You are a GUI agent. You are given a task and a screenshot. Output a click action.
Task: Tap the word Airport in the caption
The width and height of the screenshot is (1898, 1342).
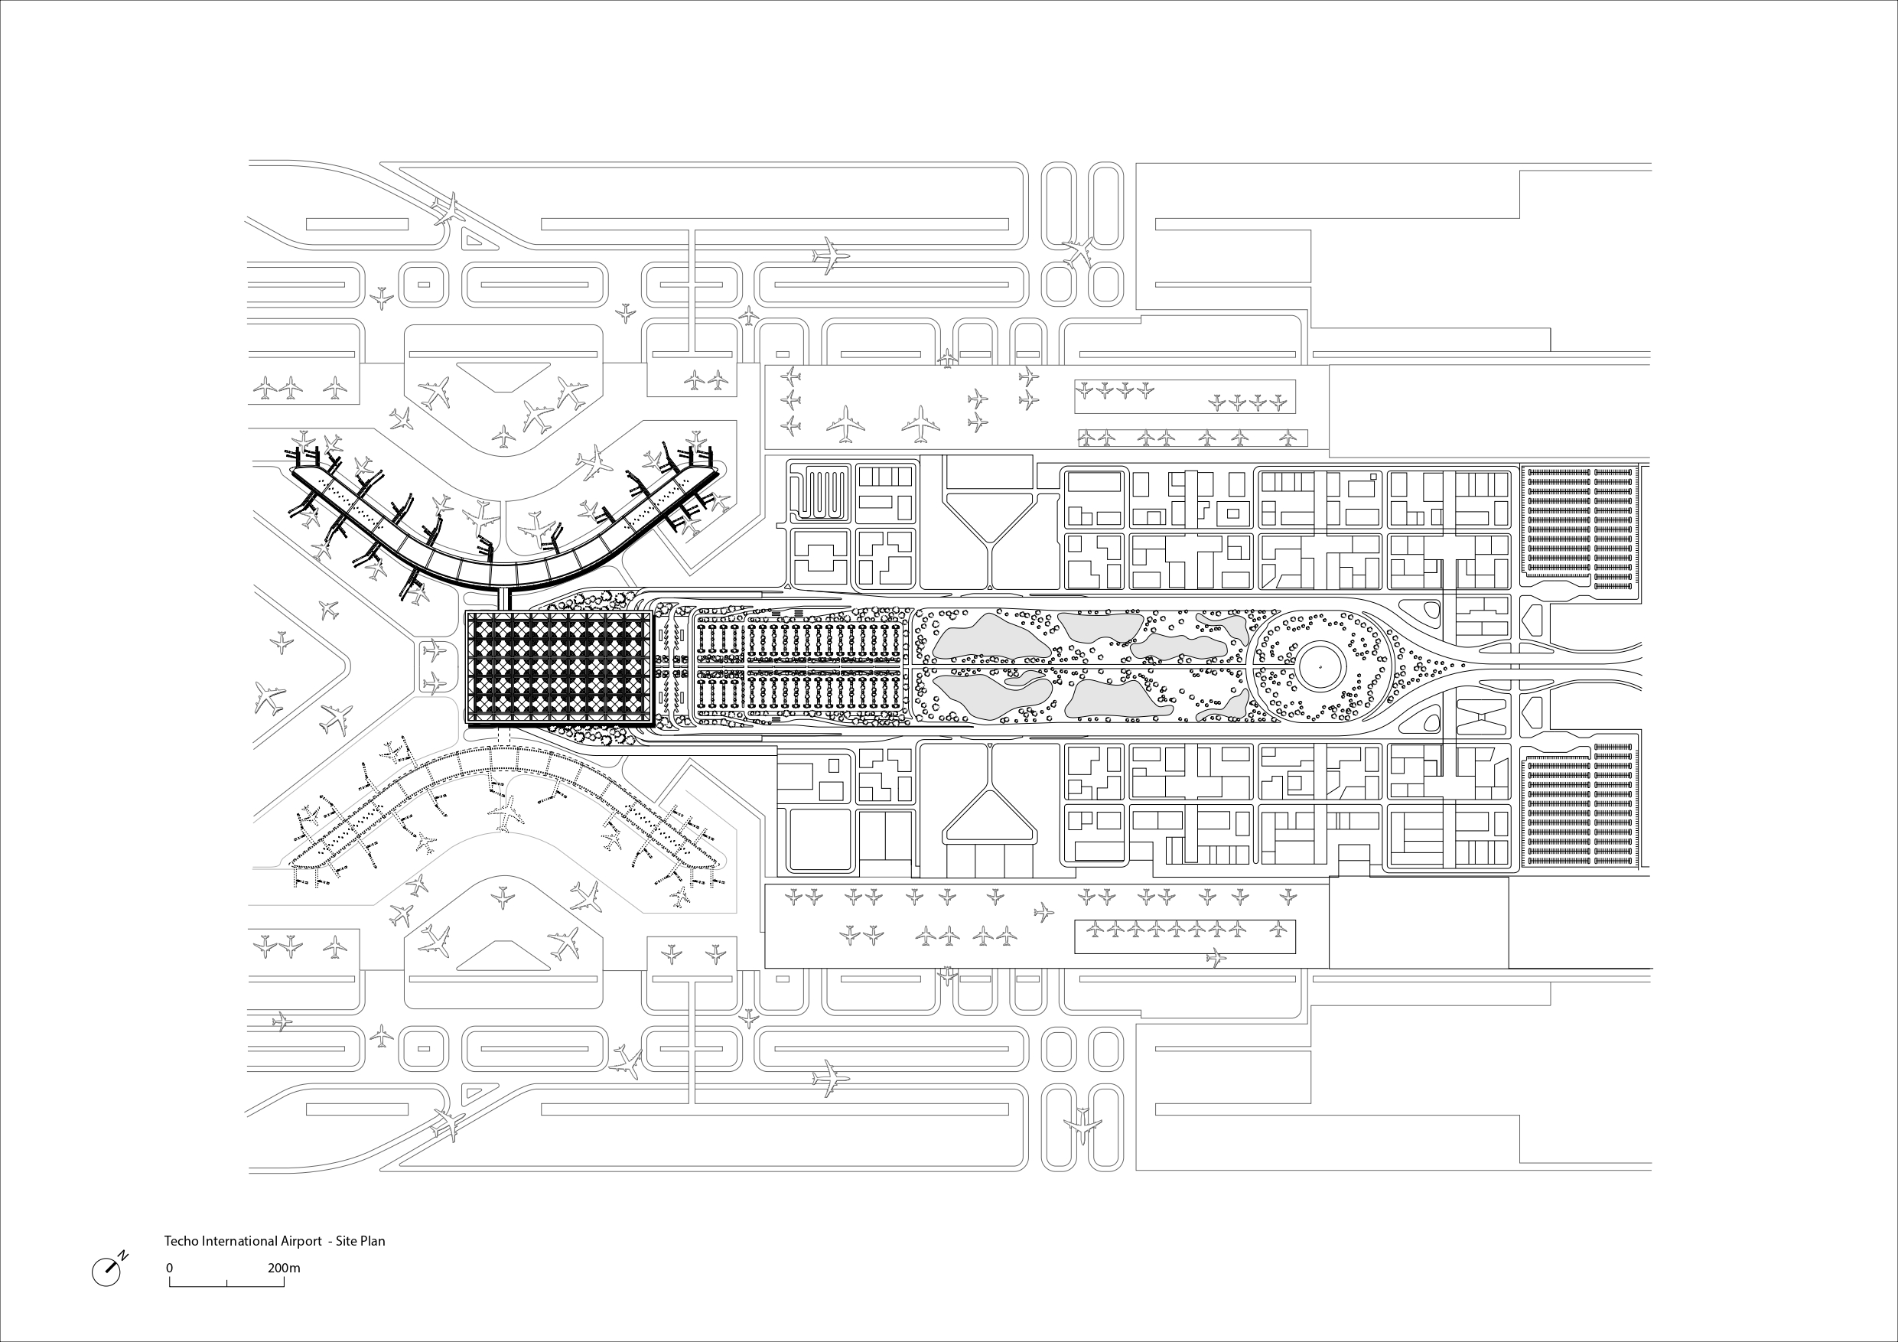click(x=299, y=1241)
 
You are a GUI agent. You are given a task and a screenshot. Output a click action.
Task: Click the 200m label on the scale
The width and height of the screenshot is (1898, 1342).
click(x=284, y=1268)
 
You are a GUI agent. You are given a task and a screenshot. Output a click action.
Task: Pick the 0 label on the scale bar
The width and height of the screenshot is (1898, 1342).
click(x=170, y=1268)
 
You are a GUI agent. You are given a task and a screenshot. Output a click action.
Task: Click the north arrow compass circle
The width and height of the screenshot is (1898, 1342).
click(x=106, y=1272)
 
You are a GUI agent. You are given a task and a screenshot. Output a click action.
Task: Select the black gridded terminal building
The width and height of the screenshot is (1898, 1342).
click(x=560, y=669)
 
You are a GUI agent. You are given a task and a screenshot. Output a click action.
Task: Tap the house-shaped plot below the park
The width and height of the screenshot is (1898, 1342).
click(x=989, y=819)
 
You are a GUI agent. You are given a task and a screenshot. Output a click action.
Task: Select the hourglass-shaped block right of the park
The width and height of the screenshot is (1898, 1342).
click(x=1476, y=716)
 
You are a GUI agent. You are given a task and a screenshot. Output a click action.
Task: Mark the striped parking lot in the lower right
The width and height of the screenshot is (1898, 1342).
click(x=1579, y=809)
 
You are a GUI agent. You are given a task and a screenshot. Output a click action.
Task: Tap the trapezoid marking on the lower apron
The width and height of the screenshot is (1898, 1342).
click(x=503, y=954)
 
